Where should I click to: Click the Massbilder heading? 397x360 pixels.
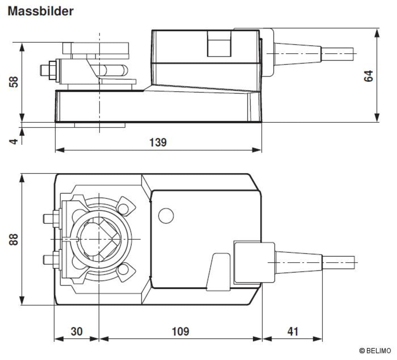[x=40, y=11]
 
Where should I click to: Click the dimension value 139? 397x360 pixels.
[x=158, y=142]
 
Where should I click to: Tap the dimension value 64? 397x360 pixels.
[x=369, y=75]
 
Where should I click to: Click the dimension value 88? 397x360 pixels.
[x=14, y=239]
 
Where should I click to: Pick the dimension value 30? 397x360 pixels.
[x=76, y=331]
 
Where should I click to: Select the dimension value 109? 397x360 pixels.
[x=181, y=331]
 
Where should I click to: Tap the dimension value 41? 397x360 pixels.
[x=292, y=331]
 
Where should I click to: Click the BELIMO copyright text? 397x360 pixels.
[x=375, y=351]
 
